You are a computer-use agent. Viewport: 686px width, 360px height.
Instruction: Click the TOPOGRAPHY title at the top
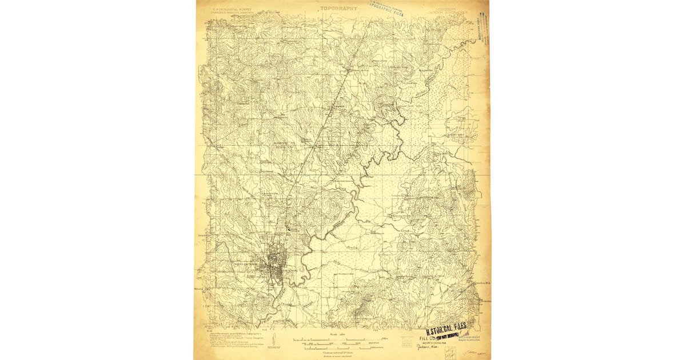pos(339,9)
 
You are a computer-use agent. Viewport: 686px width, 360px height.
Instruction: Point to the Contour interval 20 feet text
pos(338,353)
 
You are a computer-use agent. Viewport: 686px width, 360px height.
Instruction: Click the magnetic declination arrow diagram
pos(274,343)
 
